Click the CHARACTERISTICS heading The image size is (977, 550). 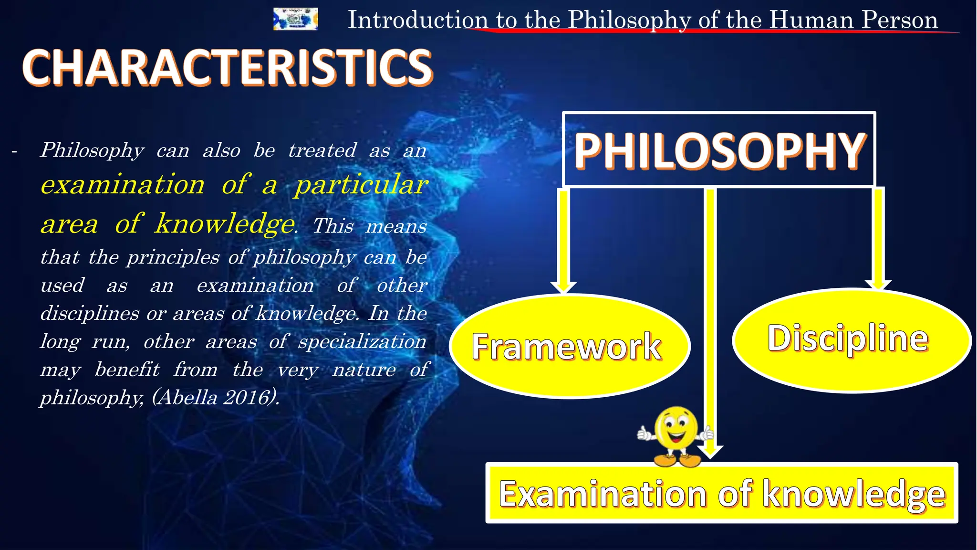point(227,68)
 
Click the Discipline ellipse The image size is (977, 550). point(851,340)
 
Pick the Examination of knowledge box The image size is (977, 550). point(721,493)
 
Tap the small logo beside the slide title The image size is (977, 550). point(295,19)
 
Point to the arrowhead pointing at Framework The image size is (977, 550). point(563,287)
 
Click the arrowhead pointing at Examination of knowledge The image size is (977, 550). point(710,451)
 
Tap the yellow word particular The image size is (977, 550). point(361,185)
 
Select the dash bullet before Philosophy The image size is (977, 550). point(14,152)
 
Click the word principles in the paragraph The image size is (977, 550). point(174,257)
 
